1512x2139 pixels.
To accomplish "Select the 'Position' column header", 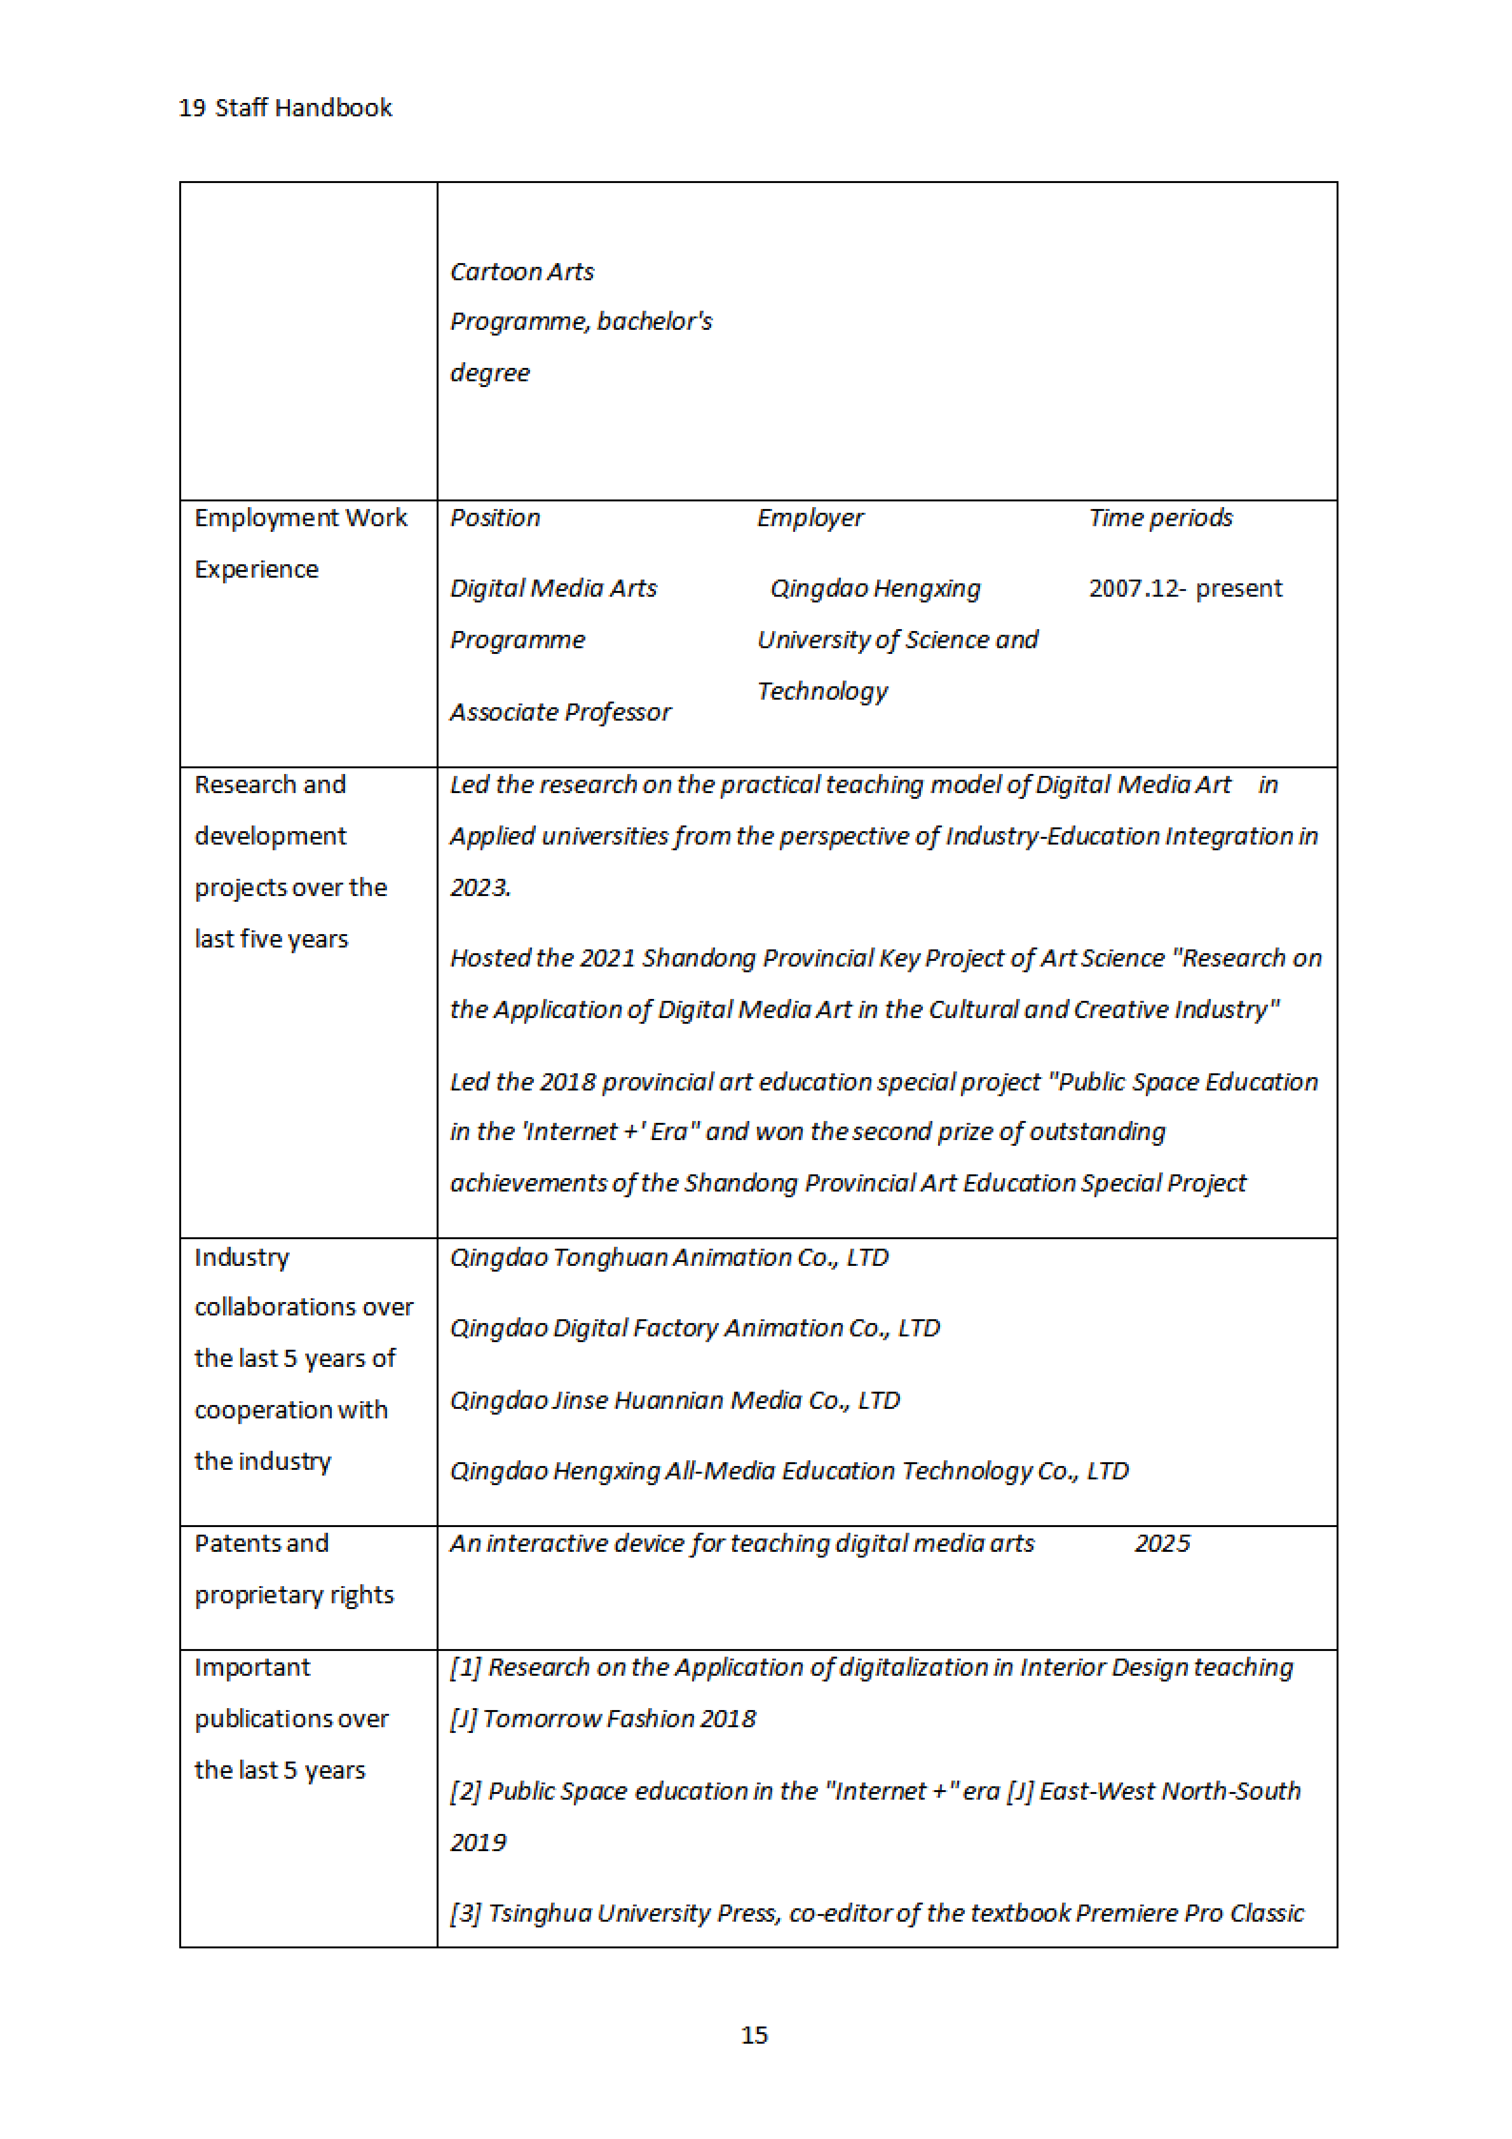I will click(495, 518).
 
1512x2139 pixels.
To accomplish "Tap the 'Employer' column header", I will click(809, 518).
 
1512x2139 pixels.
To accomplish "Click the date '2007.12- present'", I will click(1185, 589).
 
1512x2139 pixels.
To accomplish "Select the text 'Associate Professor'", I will click(560, 713).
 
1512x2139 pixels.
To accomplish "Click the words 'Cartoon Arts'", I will click(521, 272).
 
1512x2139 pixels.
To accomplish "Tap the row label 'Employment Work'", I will click(300, 518).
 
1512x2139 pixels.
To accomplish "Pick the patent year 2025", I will click(1162, 1544).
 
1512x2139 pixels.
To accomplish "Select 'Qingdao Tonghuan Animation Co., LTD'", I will click(669, 1258).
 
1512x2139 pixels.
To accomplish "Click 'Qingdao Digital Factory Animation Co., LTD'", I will click(695, 1328).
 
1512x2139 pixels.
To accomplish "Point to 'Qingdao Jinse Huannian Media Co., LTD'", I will click(674, 1401).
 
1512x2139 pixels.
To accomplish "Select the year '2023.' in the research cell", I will click(480, 888).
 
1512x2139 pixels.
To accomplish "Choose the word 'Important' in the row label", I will click(252, 1668).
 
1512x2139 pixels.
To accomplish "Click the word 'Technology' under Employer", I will click(822, 691).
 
